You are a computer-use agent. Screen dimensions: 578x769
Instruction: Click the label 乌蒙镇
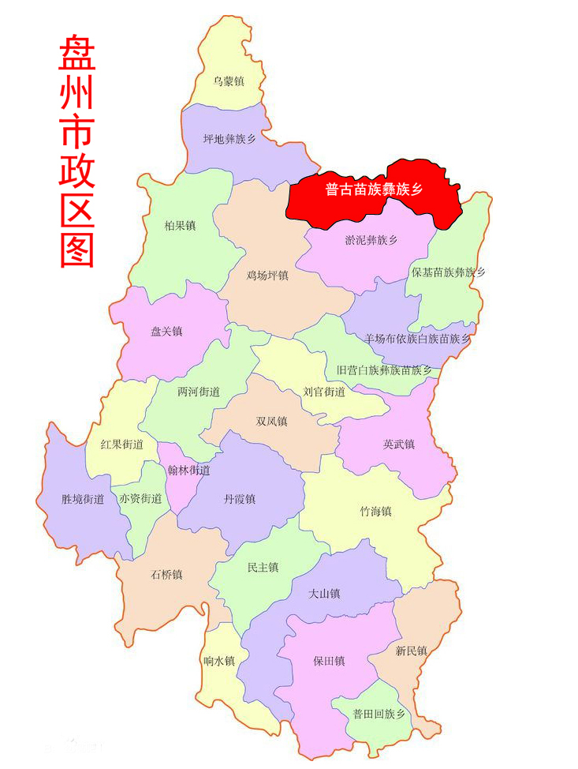pos(229,81)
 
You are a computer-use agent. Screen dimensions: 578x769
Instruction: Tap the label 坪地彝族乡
pos(229,139)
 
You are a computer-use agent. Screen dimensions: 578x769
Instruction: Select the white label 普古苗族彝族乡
pos(375,189)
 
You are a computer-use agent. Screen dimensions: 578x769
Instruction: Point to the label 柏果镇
pos(180,226)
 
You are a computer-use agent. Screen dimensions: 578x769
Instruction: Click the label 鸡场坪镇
pos(267,276)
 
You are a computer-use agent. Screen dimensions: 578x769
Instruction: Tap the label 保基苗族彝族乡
pos(449,272)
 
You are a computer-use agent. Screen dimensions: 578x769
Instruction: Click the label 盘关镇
pos(166,332)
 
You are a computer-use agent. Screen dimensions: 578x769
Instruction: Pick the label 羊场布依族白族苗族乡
pos(417,339)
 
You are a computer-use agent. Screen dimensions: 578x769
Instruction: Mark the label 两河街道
pos(199,392)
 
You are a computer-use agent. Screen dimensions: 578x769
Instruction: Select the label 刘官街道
pos(324,392)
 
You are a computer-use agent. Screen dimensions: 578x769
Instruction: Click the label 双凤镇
pos(271,422)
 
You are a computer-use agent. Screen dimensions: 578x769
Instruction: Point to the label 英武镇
pos(398,444)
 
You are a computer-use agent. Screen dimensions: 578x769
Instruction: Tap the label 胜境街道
pos(83,499)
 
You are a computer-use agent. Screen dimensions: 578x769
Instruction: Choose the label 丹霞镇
pos(240,499)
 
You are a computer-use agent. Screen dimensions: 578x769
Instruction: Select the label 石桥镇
pos(166,575)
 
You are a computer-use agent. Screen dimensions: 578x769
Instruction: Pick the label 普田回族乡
pos(378,714)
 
